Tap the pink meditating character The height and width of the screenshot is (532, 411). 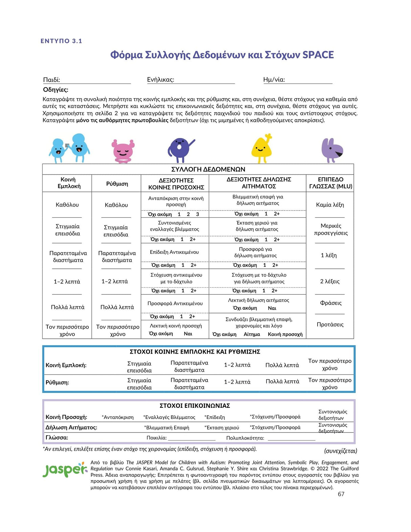coord(123,151)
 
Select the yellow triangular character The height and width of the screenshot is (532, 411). coord(261,149)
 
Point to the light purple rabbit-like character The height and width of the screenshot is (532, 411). coord(331,150)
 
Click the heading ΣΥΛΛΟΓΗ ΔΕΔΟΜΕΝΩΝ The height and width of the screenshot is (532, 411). coord(208,169)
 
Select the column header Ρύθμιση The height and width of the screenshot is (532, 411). coord(117,184)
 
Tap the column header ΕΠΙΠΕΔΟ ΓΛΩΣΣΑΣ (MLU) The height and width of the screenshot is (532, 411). coord(330,183)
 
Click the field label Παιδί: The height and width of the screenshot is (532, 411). coord(51,80)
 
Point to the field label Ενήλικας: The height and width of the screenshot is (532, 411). coord(160,80)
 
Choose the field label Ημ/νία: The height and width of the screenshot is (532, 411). coord(274,80)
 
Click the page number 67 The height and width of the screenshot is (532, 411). coord(341,494)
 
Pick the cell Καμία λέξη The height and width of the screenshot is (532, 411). coord(330,205)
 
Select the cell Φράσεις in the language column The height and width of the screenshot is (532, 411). coord(330,303)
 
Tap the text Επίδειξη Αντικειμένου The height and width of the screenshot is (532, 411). coord(174,252)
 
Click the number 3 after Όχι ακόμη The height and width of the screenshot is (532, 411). coord(197,214)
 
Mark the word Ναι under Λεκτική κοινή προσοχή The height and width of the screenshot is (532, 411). coord(188,334)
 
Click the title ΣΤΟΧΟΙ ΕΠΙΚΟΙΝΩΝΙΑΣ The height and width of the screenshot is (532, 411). coord(195,405)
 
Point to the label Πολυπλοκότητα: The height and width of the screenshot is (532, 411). coord(245,438)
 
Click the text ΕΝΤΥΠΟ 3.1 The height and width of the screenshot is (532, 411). coord(61,41)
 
